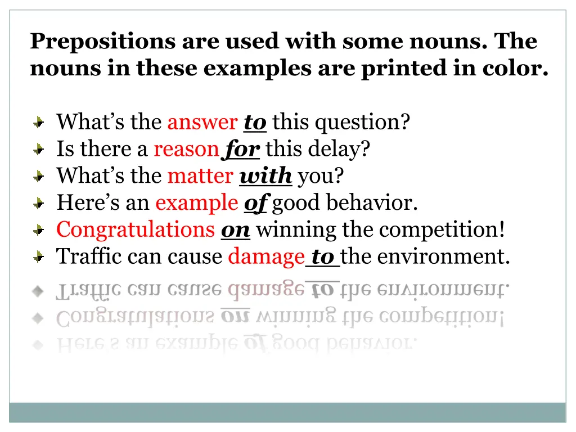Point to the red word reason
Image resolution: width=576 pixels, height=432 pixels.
186,149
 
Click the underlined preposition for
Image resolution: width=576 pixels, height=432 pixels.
242,150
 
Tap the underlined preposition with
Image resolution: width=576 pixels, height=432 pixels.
265,177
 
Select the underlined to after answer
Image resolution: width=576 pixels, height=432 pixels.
255,123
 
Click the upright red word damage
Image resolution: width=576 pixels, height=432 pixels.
266,256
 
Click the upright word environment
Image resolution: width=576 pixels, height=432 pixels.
444,256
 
